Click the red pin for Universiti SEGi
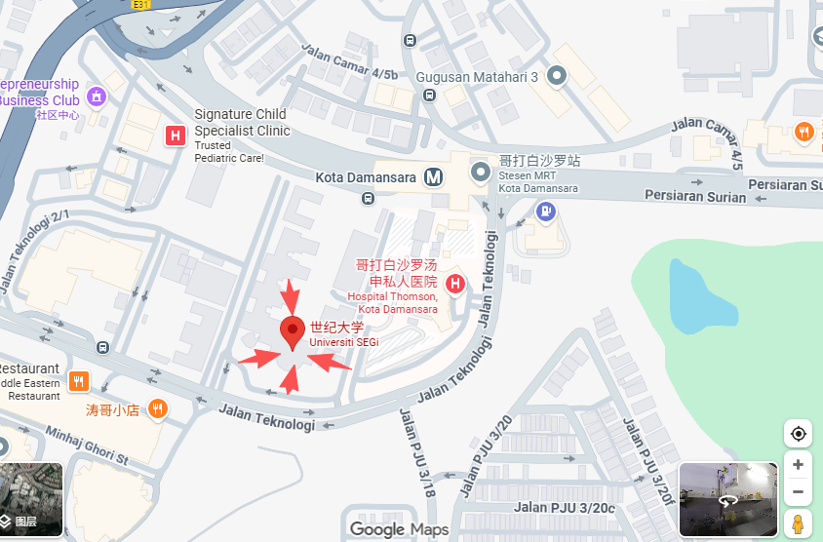(293, 330)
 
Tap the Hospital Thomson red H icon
(454, 284)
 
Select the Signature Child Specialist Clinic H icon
(176, 135)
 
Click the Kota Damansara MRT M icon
(433, 177)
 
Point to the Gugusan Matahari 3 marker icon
(557, 75)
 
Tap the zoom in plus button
(798, 465)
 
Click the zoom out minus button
(798, 492)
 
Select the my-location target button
(798, 434)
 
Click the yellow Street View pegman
(798, 524)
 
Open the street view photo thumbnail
(727, 499)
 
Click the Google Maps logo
(399, 529)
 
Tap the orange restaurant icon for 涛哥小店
(157, 409)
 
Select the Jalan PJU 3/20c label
(565, 506)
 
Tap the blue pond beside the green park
(700, 296)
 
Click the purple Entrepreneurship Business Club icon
(97, 97)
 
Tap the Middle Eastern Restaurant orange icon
(79, 380)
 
